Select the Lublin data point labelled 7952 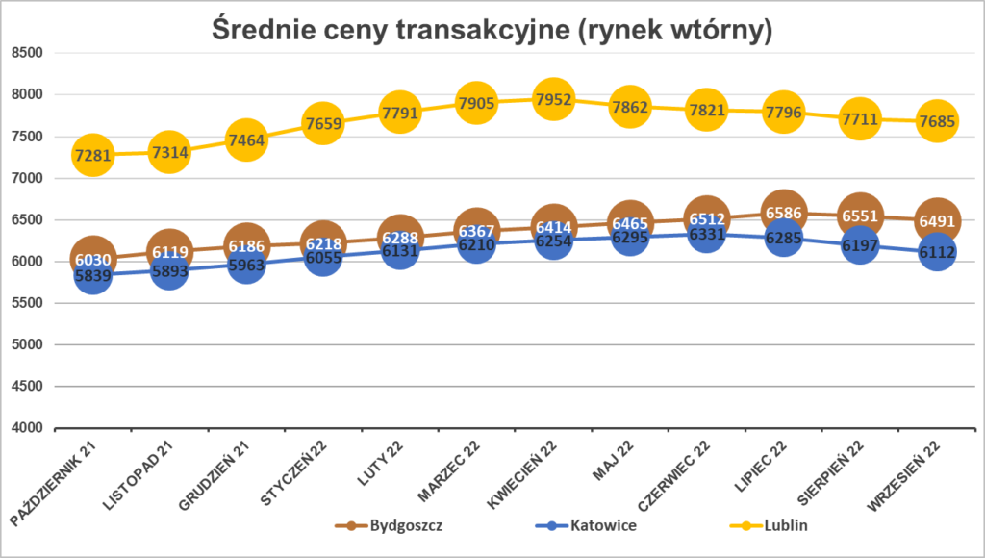tap(553, 99)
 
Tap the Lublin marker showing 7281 tap(92, 155)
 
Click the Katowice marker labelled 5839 tap(92, 275)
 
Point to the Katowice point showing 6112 tap(937, 252)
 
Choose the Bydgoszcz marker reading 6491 tap(937, 220)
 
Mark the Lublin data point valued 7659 tap(322, 123)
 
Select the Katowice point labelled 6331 tap(706, 234)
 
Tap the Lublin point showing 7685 tap(937, 121)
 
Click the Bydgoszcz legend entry tap(389, 525)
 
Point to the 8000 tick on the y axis tap(26, 94)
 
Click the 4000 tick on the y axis tap(26, 427)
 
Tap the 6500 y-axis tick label tap(26, 219)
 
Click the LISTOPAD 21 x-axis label tap(144, 471)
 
